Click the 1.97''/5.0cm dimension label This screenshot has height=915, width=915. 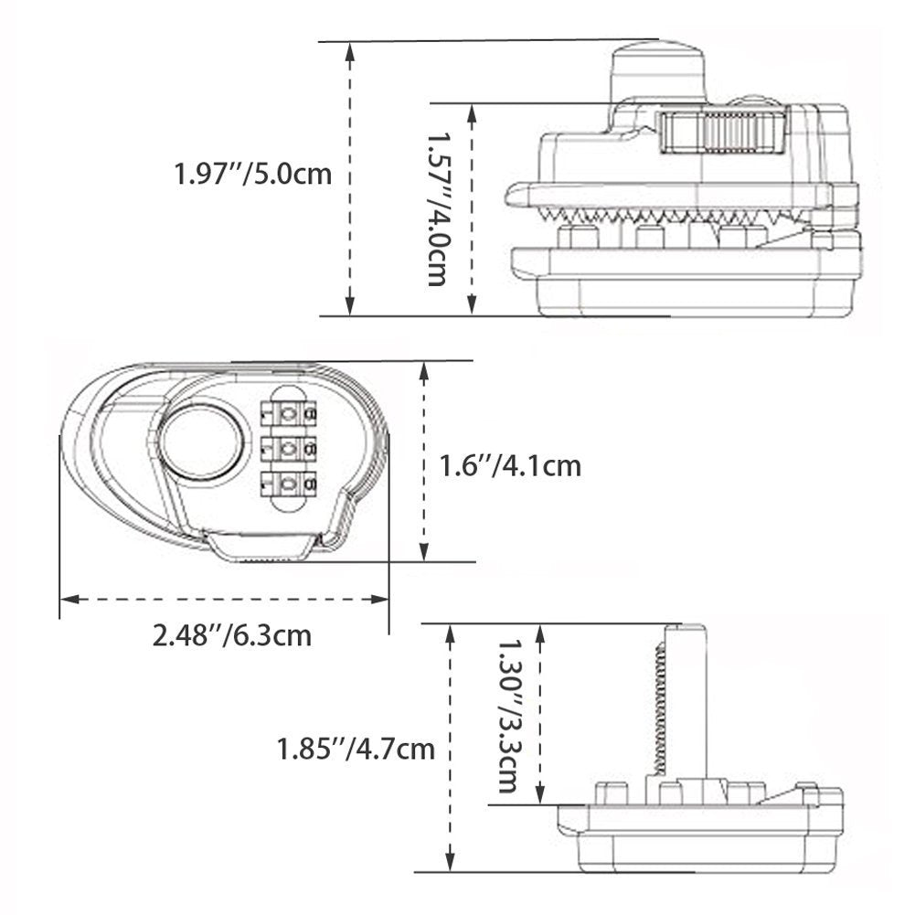pos(252,173)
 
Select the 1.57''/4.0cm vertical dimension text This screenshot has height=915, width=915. pos(438,207)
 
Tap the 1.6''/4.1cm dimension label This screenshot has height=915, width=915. pos(510,465)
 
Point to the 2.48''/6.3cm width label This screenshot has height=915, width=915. pos(232,633)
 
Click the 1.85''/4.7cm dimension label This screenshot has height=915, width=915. pos(356,750)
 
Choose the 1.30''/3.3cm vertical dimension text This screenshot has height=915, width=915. pos(508,714)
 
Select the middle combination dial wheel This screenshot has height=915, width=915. pos(288,448)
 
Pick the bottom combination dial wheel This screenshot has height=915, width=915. pos(288,483)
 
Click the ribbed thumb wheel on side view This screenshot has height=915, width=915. pos(722,132)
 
